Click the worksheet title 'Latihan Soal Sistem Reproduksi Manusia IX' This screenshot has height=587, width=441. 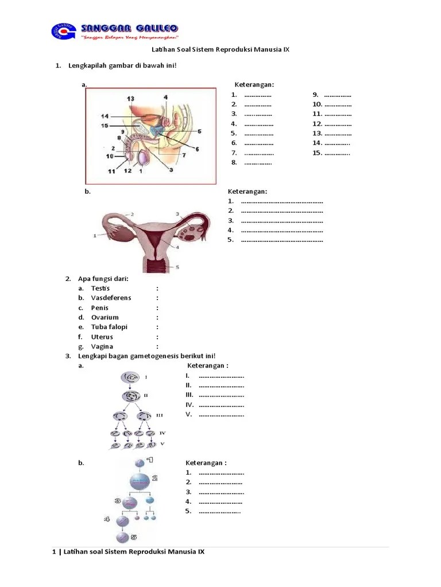220,49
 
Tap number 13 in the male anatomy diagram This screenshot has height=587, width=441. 131,99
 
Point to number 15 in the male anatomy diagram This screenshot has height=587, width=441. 105,126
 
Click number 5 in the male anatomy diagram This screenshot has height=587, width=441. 199,131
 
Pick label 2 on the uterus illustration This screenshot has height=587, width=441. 132,214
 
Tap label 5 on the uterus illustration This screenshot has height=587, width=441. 177,267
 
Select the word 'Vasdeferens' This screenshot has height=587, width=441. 111,298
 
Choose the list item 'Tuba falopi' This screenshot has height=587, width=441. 109,327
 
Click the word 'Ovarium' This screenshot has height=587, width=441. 105,317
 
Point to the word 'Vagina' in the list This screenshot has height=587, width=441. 102,346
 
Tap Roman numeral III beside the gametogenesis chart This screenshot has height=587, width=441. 160,415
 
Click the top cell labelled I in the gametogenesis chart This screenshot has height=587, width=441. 130,378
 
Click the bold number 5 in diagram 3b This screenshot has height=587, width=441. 134,537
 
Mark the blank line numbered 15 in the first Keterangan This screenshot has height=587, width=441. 338,153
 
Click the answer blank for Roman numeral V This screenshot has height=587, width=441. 221,414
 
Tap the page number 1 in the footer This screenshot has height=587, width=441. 54,552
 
